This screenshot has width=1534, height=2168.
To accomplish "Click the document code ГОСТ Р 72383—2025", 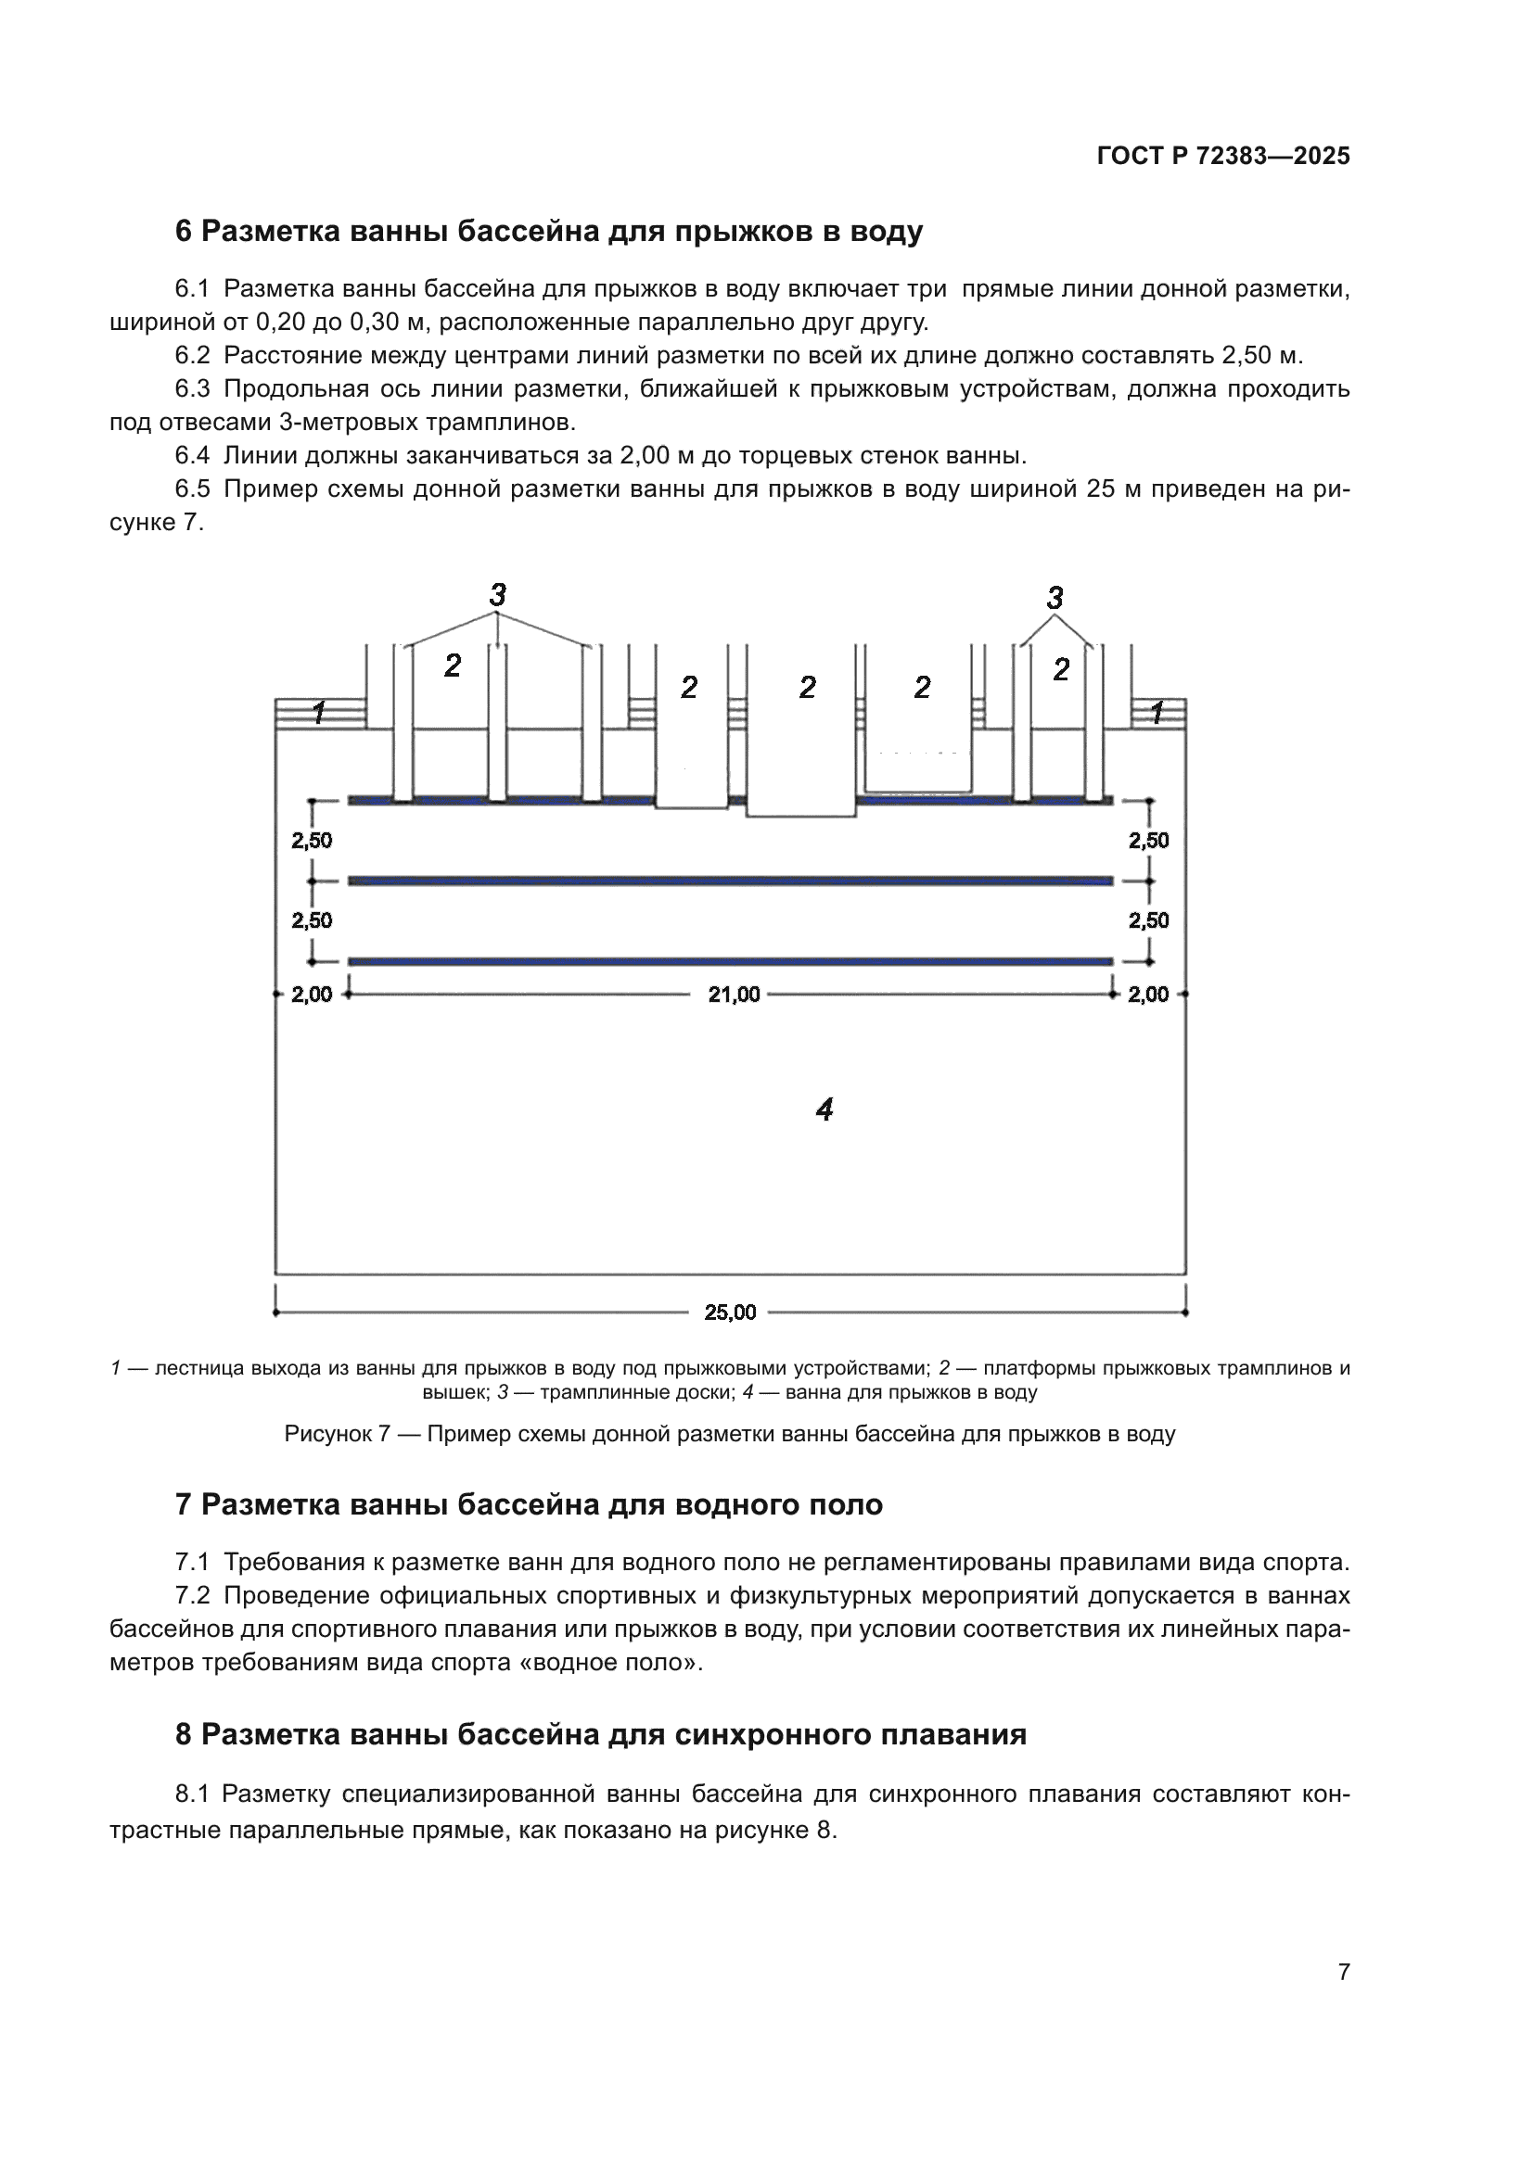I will pos(1223,157).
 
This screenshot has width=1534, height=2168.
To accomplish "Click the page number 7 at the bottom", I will pos(1344,1971).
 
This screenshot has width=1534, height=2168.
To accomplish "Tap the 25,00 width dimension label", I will pos(730,1312).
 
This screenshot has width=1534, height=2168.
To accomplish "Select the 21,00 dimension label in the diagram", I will pos(734,995).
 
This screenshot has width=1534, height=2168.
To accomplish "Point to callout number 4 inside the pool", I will pos(825,1109).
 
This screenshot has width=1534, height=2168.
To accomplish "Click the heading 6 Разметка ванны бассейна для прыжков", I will pos(549,232).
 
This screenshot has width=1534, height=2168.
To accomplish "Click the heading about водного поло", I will pos(529,1504).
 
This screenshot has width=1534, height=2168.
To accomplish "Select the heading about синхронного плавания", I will pos(601,1734).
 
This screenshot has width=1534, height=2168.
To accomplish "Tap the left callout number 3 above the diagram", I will pos(498,595).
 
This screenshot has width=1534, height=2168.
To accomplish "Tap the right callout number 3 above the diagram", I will pos(1055,598).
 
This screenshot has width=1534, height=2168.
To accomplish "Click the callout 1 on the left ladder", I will pos(319,713).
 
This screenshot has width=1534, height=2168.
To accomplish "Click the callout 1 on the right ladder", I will pos(1157,713).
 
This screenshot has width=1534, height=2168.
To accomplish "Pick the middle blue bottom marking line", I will pos(730,881).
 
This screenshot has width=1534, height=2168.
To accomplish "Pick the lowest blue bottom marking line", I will pos(730,961).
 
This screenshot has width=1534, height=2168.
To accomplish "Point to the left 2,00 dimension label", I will pos(312,995).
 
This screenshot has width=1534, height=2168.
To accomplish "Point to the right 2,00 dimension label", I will pos(1148,995).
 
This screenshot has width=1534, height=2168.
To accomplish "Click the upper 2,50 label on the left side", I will pos(312,841).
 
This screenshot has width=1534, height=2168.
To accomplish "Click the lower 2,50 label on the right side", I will pos(1148,920).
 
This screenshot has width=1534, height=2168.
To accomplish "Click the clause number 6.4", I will pos(192,456).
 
